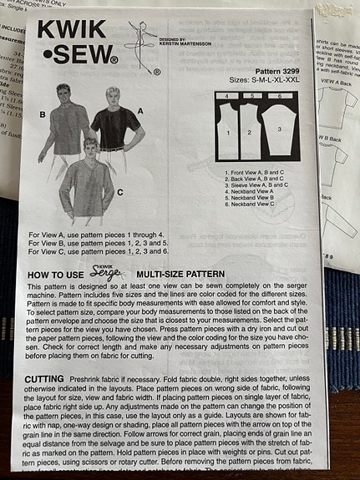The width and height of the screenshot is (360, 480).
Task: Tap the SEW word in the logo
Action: click(x=80, y=58)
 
